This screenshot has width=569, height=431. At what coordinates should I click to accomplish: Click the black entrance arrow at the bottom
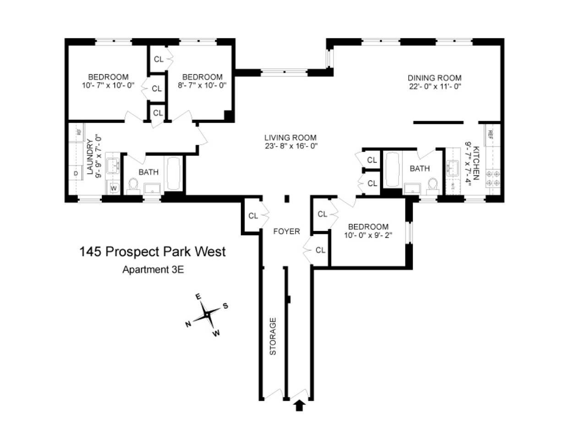point(300,405)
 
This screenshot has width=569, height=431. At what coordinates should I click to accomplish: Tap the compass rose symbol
point(207,315)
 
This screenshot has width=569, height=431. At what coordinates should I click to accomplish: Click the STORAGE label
point(273,336)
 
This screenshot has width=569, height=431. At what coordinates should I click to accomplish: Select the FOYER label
point(287,231)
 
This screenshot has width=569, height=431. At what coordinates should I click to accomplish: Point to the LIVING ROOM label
point(290,137)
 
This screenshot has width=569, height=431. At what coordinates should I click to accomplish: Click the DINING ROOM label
point(435,77)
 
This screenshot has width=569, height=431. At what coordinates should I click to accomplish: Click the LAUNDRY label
point(90,158)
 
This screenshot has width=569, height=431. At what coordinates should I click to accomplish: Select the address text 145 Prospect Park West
point(153,252)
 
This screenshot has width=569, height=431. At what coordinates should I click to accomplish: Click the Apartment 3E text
point(153,269)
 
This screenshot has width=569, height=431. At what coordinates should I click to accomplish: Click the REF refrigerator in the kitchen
point(491,134)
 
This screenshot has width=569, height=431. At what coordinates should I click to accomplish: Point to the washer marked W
point(113,188)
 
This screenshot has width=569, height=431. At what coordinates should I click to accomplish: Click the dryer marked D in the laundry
point(75,173)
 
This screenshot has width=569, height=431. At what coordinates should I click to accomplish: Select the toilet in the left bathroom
point(134,185)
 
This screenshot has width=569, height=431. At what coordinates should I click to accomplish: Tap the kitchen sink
point(454,168)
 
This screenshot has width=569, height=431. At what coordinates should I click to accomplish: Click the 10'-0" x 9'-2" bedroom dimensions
point(368,235)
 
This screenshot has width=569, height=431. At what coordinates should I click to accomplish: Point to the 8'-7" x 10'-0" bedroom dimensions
point(202,85)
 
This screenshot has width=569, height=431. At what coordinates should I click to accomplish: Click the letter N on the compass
point(188,324)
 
